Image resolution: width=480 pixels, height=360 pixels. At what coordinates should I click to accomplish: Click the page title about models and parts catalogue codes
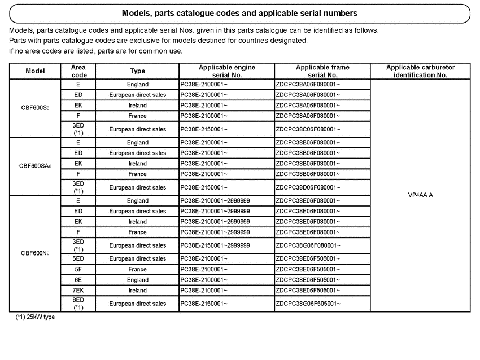(239, 13)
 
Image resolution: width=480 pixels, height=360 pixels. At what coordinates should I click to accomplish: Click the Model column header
(36, 71)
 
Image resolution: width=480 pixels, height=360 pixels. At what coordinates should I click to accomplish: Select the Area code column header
(78, 71)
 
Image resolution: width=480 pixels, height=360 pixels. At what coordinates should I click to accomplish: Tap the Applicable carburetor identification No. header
(420, 71)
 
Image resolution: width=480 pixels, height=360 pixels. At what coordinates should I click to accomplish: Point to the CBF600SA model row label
(35, 166)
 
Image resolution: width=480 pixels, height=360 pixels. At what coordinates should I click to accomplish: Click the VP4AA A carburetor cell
(420, 195)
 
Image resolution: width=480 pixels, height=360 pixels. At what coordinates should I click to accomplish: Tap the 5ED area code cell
(78, 259)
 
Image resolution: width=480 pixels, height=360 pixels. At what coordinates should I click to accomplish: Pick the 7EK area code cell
(78, 291)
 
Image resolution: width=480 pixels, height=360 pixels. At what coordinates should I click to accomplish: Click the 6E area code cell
(78, 280)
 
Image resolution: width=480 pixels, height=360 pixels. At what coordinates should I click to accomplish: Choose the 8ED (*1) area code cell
(78, 304)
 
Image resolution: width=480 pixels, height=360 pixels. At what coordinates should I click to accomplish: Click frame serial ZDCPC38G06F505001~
(308, 304)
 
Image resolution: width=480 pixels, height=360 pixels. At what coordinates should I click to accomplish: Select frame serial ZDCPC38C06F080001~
(308, 129)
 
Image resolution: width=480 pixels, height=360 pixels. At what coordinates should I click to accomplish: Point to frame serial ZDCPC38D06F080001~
(308, 187)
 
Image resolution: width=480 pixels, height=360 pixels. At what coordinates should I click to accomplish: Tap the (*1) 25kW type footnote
(35, 317)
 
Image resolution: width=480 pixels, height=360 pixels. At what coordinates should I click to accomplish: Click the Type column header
(137, 71)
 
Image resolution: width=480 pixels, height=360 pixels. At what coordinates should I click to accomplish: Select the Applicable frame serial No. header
(322, 71)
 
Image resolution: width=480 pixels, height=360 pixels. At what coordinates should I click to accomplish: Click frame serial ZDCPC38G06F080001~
(308, 245)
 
